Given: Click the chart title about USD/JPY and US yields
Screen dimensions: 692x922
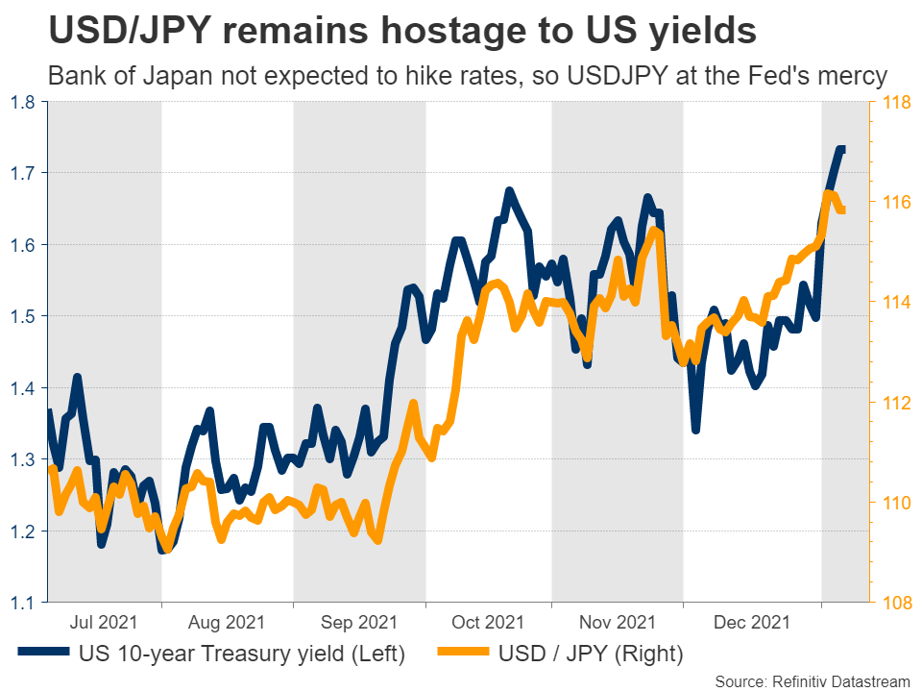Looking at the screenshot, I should tap(401, 31).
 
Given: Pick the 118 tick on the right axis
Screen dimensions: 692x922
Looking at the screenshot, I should tap(896, 102).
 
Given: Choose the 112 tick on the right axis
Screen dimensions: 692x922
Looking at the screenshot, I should tap(896, 403).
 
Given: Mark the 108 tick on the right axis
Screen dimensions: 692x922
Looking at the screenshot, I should tap(896, 603).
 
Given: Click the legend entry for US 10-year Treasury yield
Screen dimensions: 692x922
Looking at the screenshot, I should tap(240, 655).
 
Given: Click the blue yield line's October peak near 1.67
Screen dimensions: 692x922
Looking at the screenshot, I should tap(509, 191).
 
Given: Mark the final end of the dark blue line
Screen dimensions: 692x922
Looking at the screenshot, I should tap(842, 149).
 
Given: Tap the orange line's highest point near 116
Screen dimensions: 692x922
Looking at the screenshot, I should tap(827, 194).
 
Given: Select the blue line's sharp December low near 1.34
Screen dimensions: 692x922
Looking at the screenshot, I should tap(695, 429).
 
